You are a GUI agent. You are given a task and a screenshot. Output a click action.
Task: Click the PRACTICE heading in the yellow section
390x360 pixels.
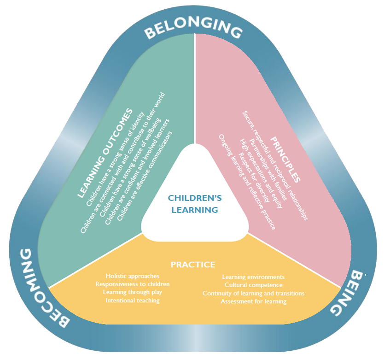pos(193,265)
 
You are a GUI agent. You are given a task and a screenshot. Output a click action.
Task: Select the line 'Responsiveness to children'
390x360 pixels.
pos(132,284)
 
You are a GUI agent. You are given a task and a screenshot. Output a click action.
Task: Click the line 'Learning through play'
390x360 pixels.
pos(132,292)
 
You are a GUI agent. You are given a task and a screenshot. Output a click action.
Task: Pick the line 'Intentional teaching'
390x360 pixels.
pos(132,301)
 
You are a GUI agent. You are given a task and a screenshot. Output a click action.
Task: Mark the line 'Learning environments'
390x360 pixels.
pos(253,277)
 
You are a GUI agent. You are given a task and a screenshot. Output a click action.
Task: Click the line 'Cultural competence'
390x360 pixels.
pos(253,285)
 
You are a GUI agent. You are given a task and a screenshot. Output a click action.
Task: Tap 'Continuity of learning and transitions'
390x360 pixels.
pos(253,293)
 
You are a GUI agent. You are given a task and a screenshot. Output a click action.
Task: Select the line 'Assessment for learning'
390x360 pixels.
pos(253,301)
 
